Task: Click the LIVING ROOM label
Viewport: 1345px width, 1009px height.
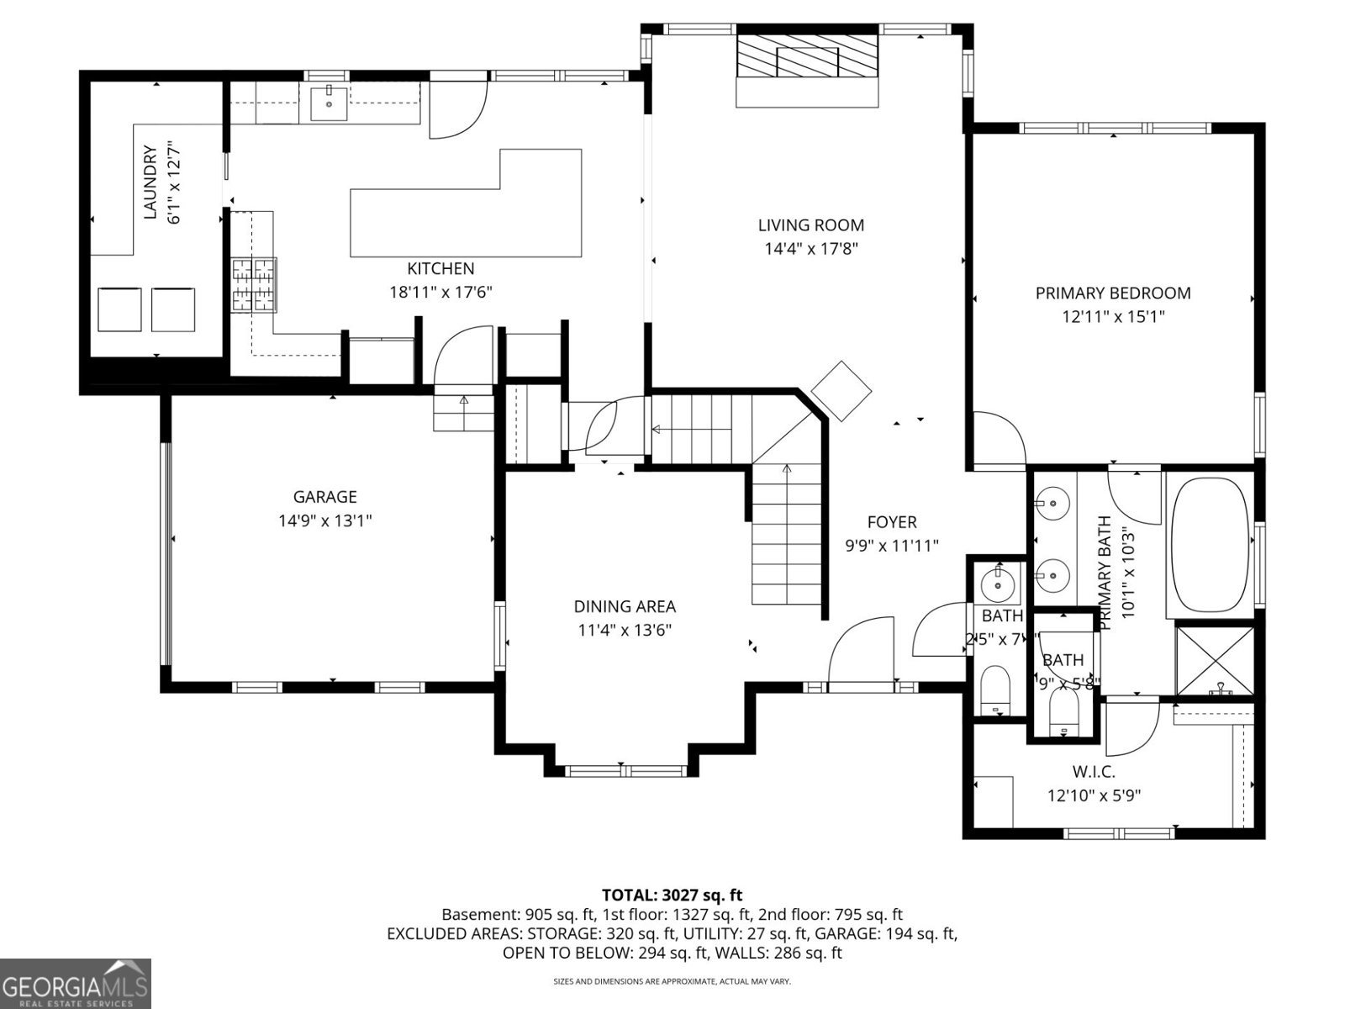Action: pos(810,225)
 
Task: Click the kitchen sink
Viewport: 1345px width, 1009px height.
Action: pos(329,103)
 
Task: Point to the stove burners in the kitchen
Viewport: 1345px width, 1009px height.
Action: pos(254,285)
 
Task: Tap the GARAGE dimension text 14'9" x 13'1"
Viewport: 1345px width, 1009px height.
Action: pos(324,520)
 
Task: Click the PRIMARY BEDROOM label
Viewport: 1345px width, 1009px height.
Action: pos(1112,293)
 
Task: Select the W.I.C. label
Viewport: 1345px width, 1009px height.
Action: pos(1093,772)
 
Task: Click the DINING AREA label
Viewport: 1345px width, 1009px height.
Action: pos(625,606)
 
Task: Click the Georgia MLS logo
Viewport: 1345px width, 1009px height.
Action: pos(75,983)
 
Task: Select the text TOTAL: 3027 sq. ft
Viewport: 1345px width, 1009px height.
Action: pos(672,895)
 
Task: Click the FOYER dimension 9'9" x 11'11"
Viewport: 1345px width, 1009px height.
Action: pos(891,546)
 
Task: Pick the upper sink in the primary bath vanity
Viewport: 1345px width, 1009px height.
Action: pos(1051,504)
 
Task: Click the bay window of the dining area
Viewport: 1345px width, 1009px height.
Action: pos(625,770)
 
